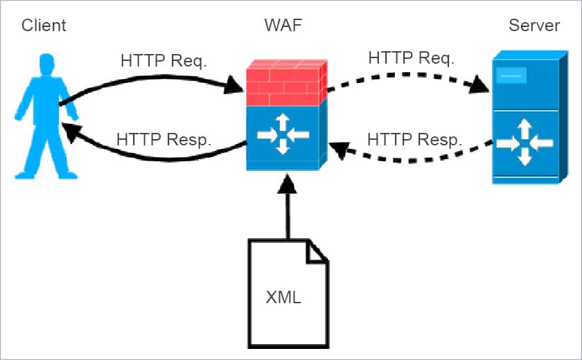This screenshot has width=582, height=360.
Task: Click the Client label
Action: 44,26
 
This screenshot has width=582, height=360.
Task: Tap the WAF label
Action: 283,26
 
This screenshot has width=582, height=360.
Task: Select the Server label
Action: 534,26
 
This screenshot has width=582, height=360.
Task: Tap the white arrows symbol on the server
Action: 524,143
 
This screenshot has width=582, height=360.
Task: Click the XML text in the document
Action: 283,298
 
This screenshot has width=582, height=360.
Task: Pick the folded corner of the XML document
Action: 317,251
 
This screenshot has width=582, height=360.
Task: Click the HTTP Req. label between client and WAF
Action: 163,61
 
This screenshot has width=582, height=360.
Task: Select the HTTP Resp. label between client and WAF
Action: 164,138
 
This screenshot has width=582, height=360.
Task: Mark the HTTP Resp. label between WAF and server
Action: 414,138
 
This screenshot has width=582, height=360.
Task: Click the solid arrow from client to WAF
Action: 152,78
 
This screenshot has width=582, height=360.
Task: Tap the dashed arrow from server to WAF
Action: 409,156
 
